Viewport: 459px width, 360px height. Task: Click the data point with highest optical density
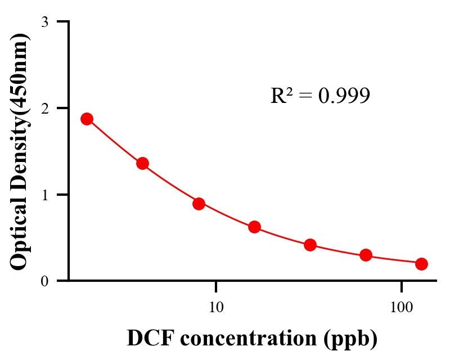pos(87,119)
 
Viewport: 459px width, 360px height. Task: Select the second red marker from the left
pos(142,164)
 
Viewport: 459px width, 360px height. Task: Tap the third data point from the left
pos(199,204)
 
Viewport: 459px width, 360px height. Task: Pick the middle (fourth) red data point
pos(254,227)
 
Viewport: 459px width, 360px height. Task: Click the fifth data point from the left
pos(310,245)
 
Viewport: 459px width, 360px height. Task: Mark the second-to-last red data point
pos(366,255)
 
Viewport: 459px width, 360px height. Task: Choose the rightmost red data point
pos(421,264)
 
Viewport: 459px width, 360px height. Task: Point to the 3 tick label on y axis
pos(45,22)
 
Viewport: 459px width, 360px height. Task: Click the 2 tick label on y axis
pos(45,108)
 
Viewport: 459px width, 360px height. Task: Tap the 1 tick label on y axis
pos(45,195)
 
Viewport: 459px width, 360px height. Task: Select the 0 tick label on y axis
pos(45,281)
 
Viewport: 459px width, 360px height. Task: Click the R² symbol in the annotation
pos(281,96)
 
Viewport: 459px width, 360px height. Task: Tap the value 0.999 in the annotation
pos(344,96)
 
